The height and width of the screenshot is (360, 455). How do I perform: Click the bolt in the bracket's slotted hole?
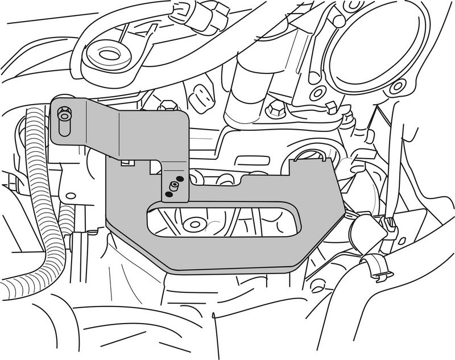point(64,117)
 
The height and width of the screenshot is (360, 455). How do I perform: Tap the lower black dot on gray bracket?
point(168,195)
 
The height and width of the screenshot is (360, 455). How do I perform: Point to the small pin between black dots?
point(173,187)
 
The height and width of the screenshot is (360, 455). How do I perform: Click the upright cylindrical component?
point(249,91)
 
